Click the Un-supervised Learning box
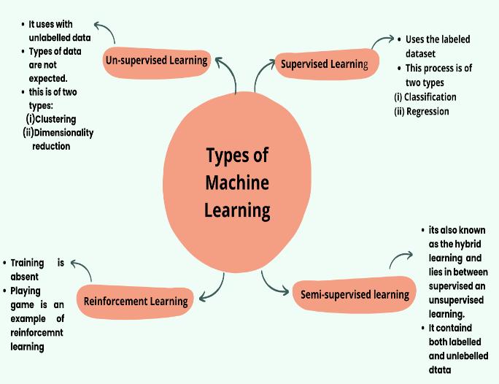coord(157,61)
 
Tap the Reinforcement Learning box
coord(135,301)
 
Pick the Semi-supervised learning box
coord(355,295)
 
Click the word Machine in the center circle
coord(237,183)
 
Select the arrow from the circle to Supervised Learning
coord(261,77)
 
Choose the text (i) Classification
coord(425,97)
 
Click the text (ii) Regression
coord(422,112)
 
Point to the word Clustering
coord(55,119)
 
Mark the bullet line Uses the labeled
coord(438,39)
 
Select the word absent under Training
coord(24,277)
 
